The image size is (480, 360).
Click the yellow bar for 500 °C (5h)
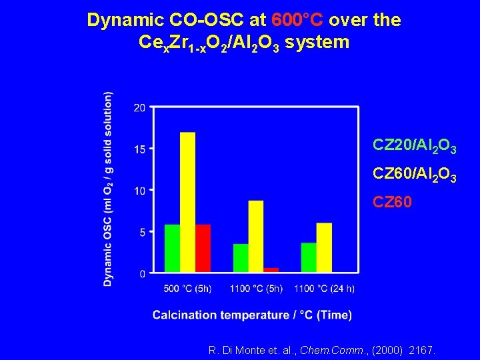point(187,202)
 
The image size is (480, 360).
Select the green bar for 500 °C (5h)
point(172,248)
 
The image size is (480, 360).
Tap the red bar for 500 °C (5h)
point(203,248)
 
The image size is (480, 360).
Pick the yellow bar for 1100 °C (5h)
point(256,236)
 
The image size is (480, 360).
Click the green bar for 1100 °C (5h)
point(241,258)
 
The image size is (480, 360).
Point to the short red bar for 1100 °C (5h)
point(271,269)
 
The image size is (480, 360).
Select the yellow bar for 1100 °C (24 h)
point(324,247)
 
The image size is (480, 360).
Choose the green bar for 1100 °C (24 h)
point(309,257)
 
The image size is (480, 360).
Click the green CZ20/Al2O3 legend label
point(414,145)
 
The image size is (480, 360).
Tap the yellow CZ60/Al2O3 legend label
point(414,177)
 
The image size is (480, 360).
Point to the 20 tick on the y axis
point(139,107)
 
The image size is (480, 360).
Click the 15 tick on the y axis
point(139,149)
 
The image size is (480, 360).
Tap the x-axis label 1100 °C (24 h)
point(324,289)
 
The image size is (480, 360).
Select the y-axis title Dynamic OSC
point(108,189)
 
